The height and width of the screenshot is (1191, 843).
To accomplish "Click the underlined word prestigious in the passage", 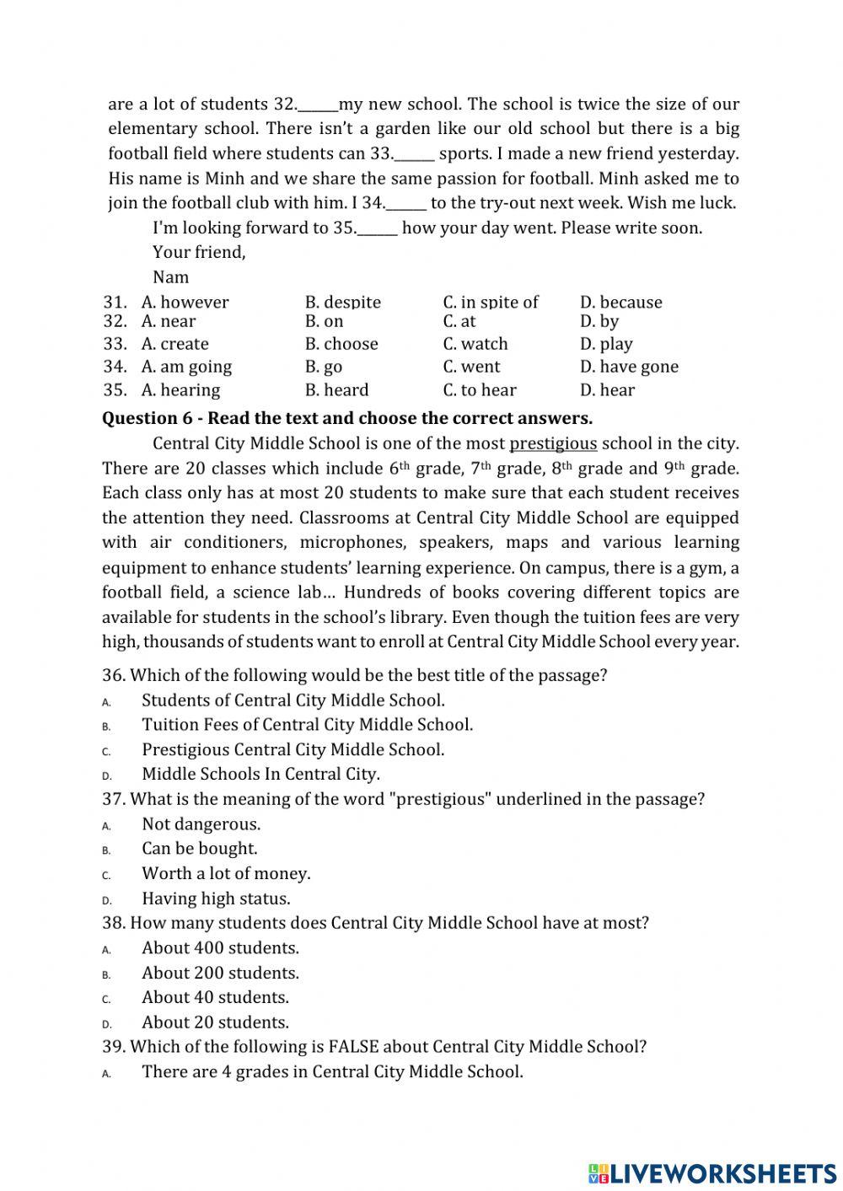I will (553, 443).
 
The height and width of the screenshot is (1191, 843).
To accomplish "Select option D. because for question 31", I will (620, 302).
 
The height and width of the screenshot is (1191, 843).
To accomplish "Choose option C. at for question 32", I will (459, 321).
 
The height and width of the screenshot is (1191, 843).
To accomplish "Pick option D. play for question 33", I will (605, 344).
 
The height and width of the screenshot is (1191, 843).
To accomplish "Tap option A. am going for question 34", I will (186, 367).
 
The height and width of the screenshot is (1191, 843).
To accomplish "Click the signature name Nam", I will (171, 276).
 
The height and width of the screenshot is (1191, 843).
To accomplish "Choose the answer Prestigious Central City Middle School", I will (293, 749).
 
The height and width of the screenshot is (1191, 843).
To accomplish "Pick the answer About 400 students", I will (220, 947).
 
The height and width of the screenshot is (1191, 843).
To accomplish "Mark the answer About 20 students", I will (215, 1022).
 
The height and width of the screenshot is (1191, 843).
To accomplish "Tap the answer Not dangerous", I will (201, 824).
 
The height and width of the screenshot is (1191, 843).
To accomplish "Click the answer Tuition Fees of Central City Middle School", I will (307, 725).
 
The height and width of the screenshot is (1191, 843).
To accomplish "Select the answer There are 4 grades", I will (332, 1071).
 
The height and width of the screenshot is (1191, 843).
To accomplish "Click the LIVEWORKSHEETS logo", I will (711, 1172).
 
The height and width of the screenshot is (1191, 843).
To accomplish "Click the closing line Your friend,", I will (199, 252).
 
